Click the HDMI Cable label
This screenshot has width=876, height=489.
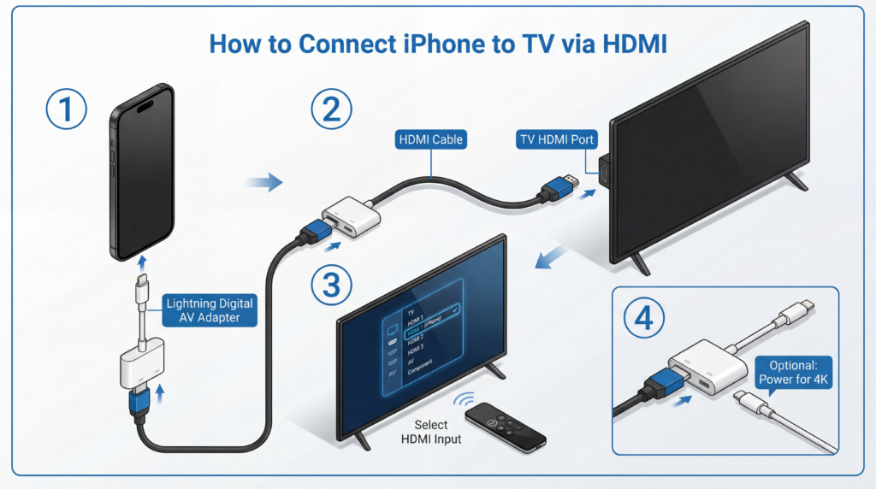(x=430, y=138)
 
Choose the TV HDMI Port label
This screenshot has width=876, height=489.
(x=555, y=138)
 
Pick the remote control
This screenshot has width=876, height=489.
(x=505, y=425)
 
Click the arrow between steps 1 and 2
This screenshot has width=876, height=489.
(x=269, y=180)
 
